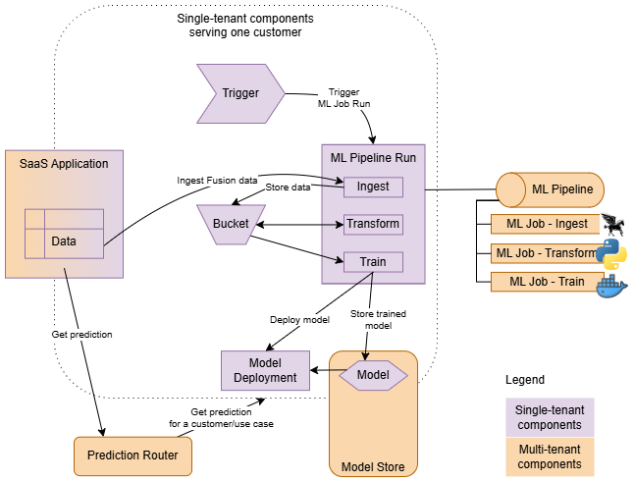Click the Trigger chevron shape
(239, 93)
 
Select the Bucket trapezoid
(231, 224)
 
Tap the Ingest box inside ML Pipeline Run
(373, 187)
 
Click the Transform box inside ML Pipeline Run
(373, 224)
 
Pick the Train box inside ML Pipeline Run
(373, 262)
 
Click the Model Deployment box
(265, 370)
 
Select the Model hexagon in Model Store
(373, 375)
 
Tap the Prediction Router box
(132, 455)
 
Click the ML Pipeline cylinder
(550, 188)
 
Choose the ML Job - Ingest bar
(546, 224)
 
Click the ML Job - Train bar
(546, 282)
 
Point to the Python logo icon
(610, 253)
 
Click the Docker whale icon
(611, 285)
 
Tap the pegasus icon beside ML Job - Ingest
(611, 224)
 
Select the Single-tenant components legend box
(550, 417)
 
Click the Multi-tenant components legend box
(550, 456)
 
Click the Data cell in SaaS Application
(64, 241)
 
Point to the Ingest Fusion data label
(217, 181)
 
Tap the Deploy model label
(299, 320)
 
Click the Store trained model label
(378, 320)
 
